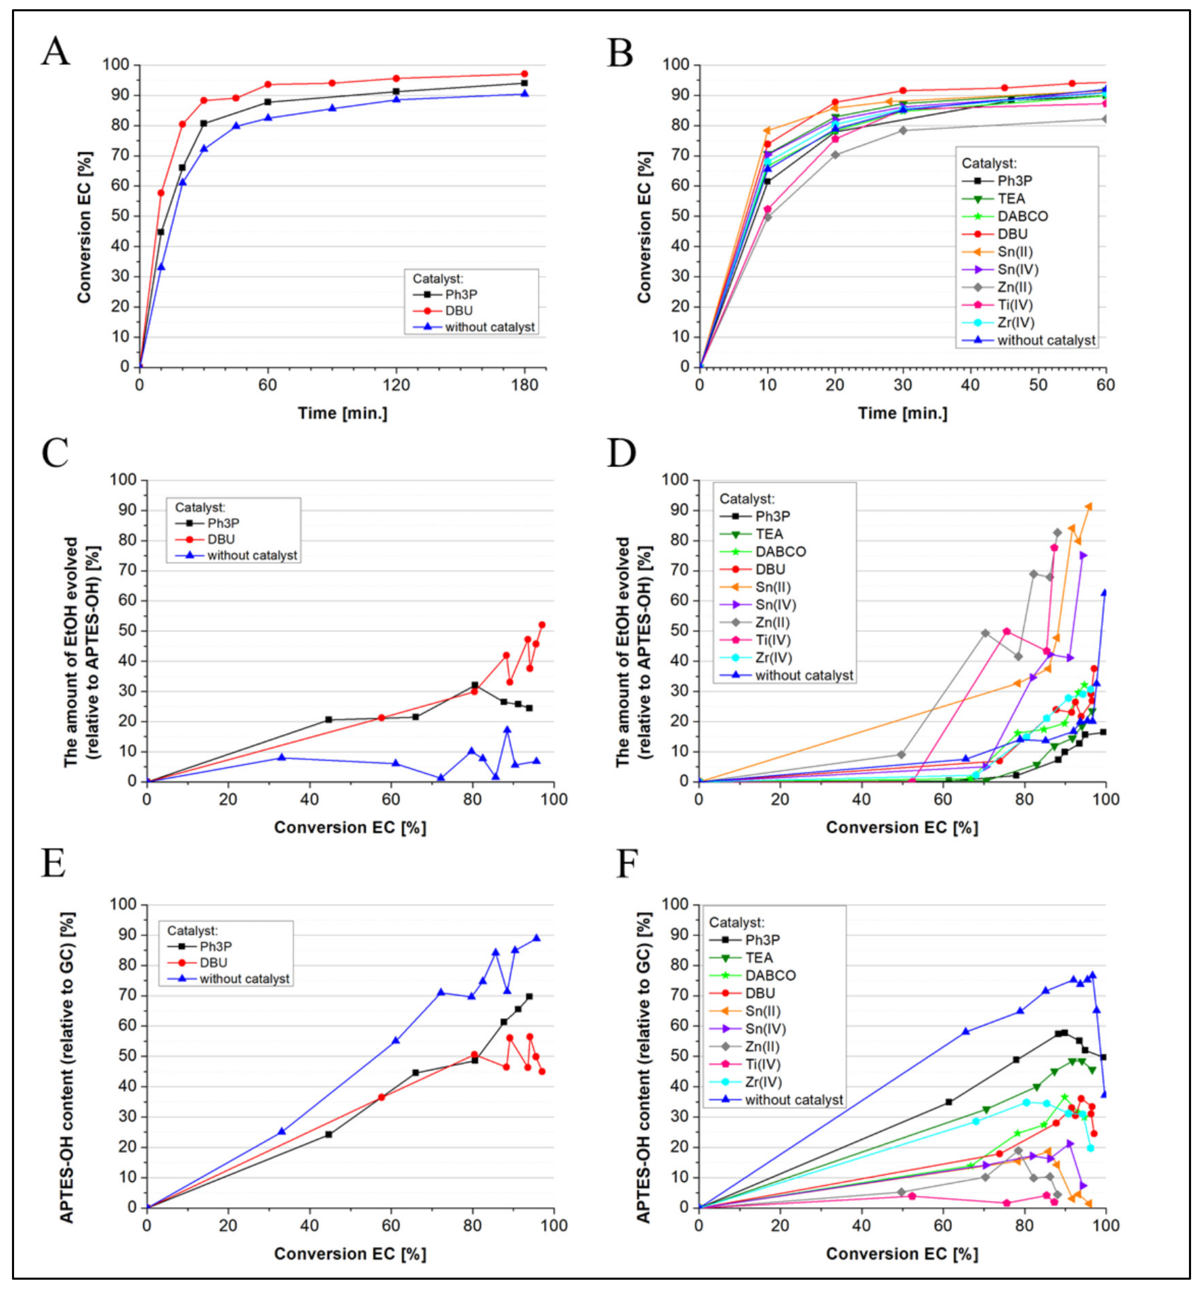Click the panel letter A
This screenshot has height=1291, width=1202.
coord(55,52)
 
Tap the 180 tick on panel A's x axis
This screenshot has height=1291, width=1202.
coord(525,385)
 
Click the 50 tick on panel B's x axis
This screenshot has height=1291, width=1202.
coord(1038,385)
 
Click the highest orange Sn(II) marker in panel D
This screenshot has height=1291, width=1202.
coord(1088,506)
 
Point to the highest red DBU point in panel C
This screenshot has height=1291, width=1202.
coord(542,625)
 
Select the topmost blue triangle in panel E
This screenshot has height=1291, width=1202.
coord(536,938)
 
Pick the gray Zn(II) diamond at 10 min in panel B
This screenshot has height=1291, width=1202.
coord(768,217)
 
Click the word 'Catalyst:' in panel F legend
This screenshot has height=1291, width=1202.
coord(736,922)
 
